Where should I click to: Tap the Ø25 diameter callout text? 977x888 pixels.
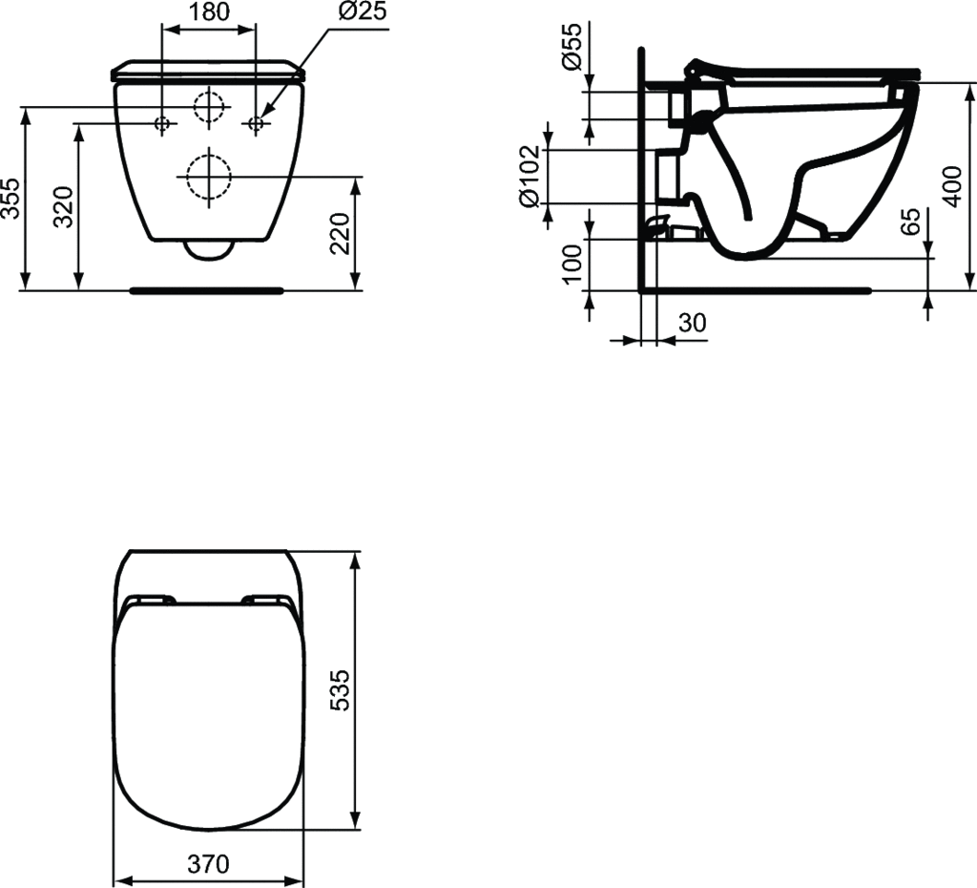click(x=360, y=12)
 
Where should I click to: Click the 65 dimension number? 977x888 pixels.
click(x=911, y=222)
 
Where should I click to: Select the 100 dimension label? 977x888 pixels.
click(x=572, y=264)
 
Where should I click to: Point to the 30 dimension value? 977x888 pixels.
click(x=692, y=324)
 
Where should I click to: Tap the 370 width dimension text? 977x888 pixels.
click(x=208, y=865)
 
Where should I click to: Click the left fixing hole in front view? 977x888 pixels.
click(x=162, y=122)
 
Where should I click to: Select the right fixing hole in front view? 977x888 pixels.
click(x=256, y=122)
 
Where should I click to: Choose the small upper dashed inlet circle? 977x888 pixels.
click(x=209, y=106)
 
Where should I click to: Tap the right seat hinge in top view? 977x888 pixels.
click(x=266, y=600)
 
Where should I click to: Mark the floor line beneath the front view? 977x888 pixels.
click(x=207, y=288)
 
